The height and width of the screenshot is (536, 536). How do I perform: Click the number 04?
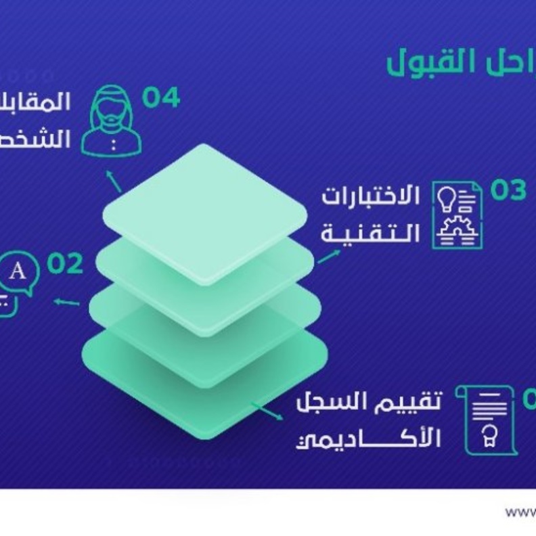coord(161,98)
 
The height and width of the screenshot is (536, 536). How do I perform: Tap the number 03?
coord(508,192)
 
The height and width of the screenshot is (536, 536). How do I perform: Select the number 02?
coord(65,264)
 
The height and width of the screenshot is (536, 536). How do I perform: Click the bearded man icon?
coord(111,120)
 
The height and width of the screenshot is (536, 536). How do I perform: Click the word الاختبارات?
coord(371,197)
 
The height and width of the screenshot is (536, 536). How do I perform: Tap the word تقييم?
coord(411,403)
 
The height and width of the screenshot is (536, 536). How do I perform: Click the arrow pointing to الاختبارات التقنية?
coord(329,256)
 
